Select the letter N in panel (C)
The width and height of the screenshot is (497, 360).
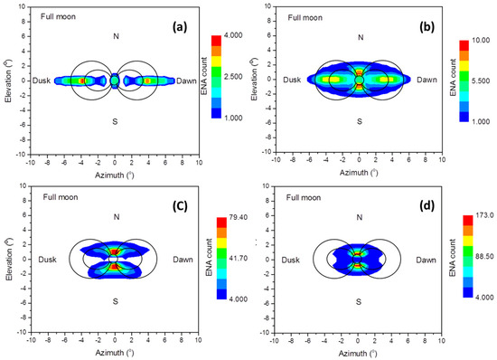click(x=116, y=216)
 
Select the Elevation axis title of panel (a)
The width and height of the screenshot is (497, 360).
click(x=7, y=80)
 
